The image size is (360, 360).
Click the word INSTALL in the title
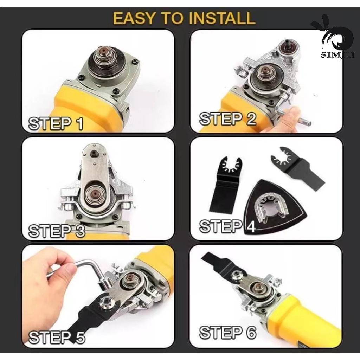tap(222, 18)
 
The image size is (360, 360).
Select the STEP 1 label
tap(56, 123)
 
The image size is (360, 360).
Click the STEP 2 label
tap(227, 119)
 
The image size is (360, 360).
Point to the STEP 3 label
tap(57, 231)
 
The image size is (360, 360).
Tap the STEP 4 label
tap(227, 226)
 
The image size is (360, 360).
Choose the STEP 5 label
tap(57, 337)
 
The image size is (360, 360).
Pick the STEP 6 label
tap(227, 332)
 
